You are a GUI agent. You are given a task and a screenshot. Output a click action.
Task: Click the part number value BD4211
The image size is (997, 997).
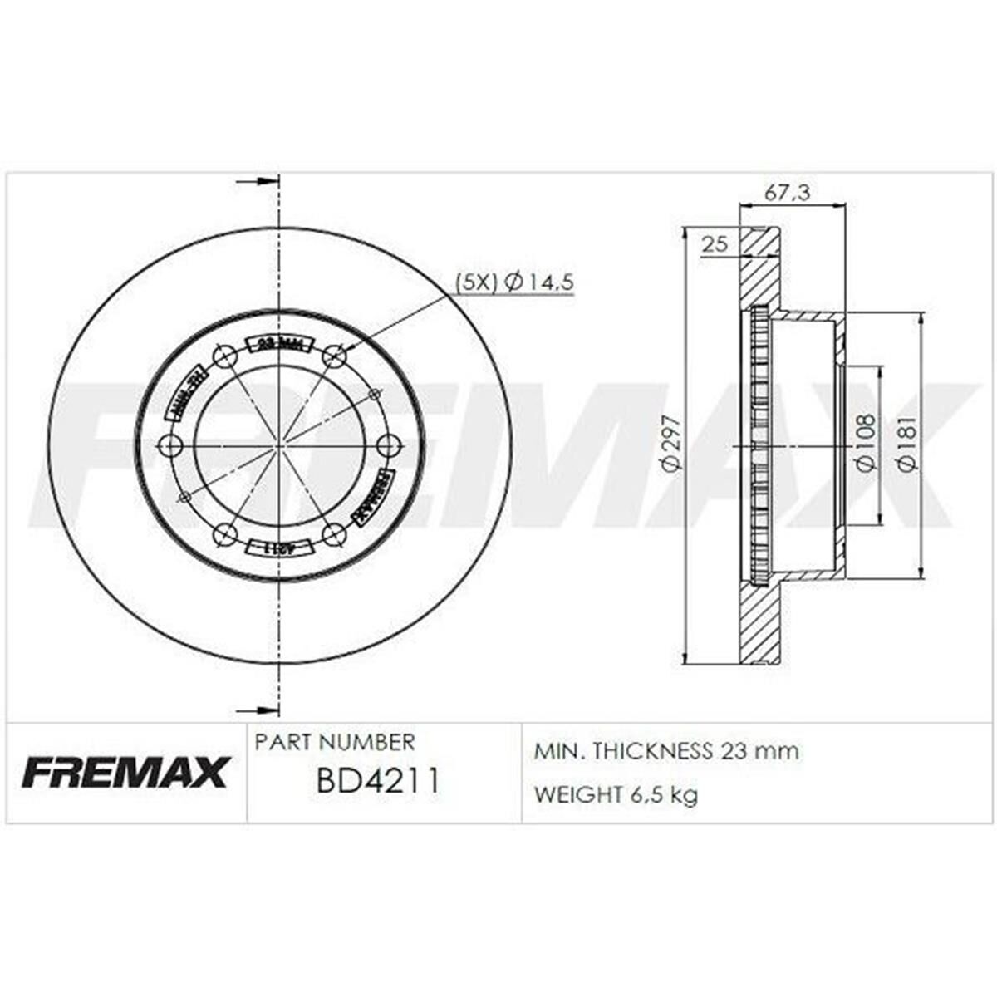click(x=377, y=782)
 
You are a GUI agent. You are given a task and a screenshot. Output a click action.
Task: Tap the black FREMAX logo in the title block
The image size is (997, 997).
click(x=125, y=772)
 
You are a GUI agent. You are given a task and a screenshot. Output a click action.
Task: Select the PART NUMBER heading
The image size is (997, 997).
click(x=334, y=741)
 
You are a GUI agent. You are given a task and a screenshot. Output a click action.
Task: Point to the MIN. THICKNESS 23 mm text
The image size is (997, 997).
click(x=665, y=751)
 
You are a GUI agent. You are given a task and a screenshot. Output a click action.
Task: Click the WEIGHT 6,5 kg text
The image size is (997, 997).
click(x=616, y=794)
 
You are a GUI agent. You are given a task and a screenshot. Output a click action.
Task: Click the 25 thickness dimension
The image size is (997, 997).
click(x=715, y=243)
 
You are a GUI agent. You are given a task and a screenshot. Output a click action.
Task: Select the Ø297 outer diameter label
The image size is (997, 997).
click(x=671, y=444)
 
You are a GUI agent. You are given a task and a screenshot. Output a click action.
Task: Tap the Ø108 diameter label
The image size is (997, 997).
click(x=864, y=444)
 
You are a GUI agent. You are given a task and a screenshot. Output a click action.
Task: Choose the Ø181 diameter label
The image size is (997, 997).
click(x=908, y=444)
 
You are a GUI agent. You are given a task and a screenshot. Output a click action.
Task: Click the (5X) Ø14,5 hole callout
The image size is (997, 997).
click(x=514, y=282)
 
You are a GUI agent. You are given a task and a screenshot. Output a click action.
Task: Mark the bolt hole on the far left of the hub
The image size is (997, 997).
click(x=170, y=446)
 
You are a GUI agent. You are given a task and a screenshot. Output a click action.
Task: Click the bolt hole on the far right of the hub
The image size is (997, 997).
click(x=388, y=446)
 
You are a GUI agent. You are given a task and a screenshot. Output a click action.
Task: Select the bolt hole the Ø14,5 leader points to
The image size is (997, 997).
click(x=334, y=356)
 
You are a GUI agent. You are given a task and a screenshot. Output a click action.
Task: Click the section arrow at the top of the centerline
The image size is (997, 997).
click(x=258, y=181)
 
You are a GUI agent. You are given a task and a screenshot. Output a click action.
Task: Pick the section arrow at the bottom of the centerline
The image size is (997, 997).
click(x=258, y=710)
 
